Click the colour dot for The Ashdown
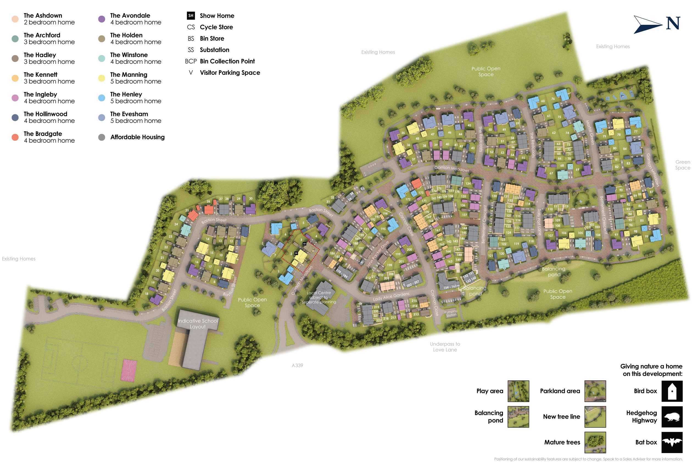coord(15,19)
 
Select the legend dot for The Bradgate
coord(15,137)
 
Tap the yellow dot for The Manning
coord(102,78)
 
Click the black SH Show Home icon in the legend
coord(191,15)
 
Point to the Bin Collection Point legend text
coord(227,61)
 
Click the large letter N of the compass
coord(673,23)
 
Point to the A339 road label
coord(297,365)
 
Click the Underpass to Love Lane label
coord(445,347)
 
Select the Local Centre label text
coord(319,297)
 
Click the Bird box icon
coord(672,391)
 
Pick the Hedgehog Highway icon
coord(672,417)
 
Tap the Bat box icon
coord(672,442)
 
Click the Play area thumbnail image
coord(518,391)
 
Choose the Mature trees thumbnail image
coord(595,442)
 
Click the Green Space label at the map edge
coord(682,165)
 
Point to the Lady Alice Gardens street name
coord(391,297)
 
